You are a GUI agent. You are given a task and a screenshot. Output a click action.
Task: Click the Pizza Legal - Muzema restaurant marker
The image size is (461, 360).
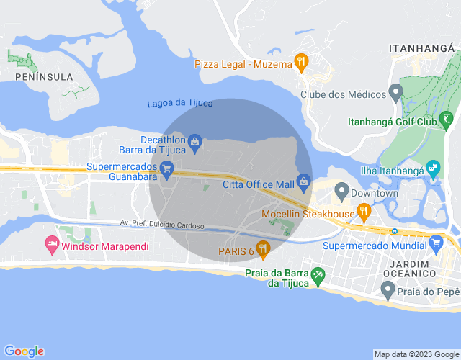click(x=301, y=62)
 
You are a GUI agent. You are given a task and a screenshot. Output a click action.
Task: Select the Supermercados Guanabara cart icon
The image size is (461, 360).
click(x=166, y=171)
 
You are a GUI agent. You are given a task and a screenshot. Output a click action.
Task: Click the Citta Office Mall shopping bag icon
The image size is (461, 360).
click(x=303, y=181)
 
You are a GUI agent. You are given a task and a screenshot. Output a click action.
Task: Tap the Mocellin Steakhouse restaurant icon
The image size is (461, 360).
click(x=364, y=212)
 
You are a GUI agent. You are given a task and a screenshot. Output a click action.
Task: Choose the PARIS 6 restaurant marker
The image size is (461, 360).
click(x=263, y=250)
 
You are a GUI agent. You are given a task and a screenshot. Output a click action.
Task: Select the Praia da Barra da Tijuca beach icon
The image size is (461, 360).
click(x=318, y=275)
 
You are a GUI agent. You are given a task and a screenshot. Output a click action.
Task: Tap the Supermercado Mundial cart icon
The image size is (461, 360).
click(x=435, y=244)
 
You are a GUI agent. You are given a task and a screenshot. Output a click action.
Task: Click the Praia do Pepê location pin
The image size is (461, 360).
click(x=387, y=291)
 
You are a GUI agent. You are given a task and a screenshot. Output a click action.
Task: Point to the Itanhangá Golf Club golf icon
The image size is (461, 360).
click(x=447, y=119)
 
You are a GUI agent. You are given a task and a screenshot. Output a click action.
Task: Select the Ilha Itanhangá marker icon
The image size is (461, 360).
click(x=434, y=169)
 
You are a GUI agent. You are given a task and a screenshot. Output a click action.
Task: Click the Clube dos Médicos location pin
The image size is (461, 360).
click(x=395, y=92)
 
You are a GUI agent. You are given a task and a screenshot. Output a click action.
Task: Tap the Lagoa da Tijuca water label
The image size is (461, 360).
click(x=179, y=103)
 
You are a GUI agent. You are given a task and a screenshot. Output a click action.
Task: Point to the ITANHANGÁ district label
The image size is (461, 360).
click(x=423, y=48)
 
